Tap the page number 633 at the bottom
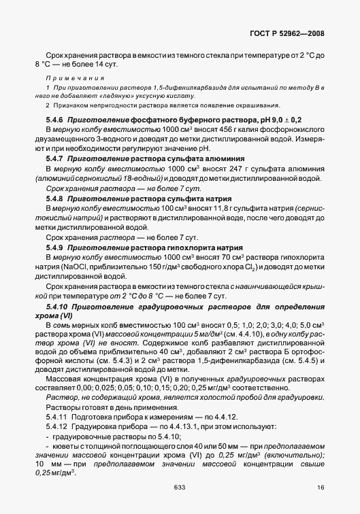pyautogui.click(x=180, y=487)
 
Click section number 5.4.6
pyautogui.click(x=56, y=119)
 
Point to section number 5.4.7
pyautogui.click(x=56, y=158)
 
